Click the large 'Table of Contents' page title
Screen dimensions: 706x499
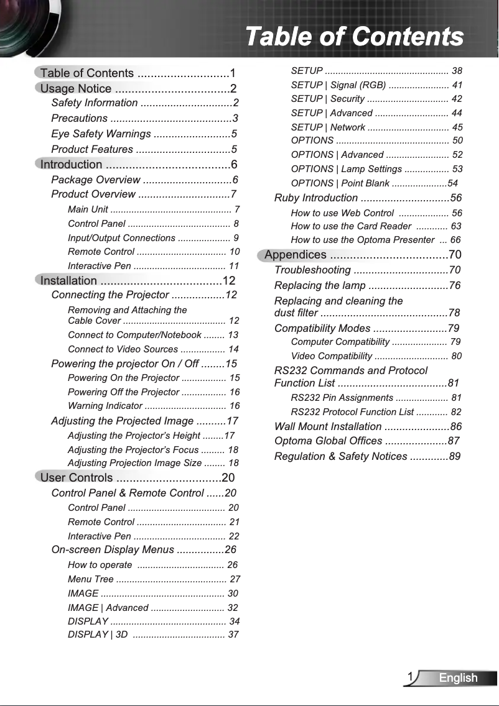[x=354, y=36]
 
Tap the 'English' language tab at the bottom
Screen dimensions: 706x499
[x=458, y=678]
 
